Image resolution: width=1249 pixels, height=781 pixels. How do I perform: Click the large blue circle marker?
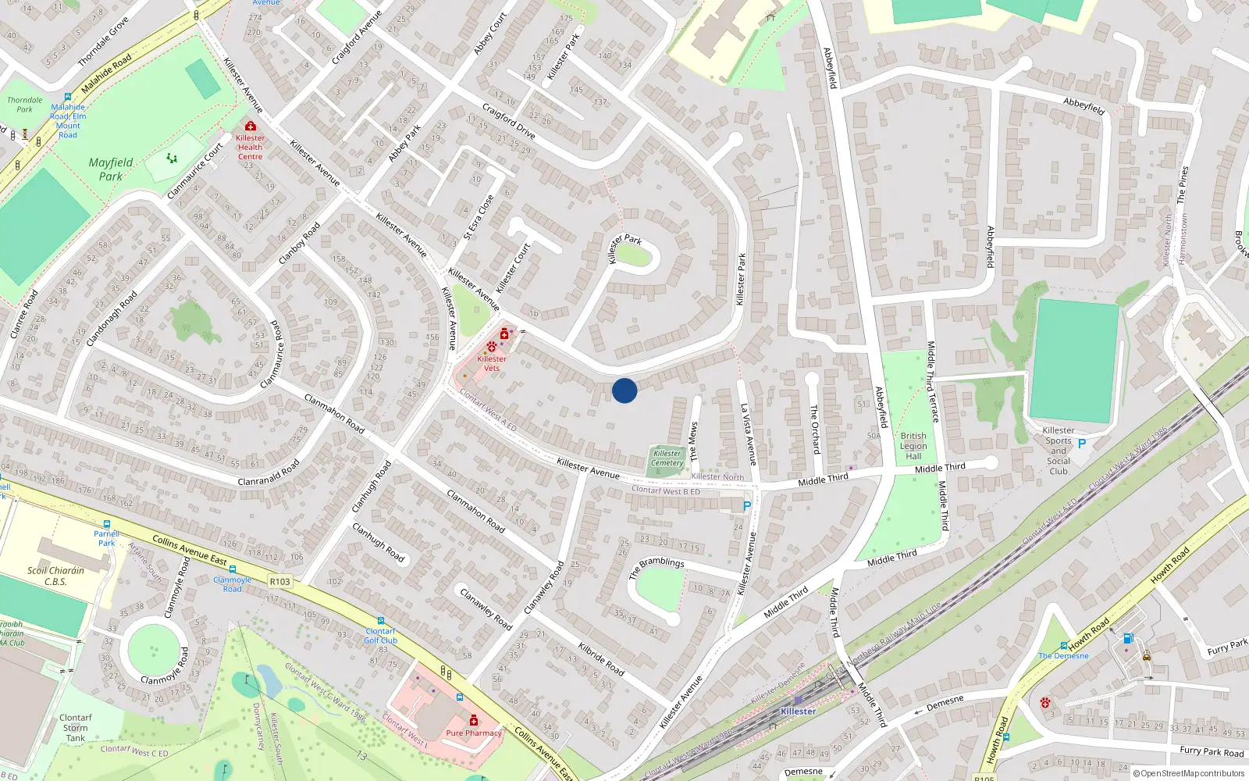624,390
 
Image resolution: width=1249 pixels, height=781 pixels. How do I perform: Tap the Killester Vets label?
491,363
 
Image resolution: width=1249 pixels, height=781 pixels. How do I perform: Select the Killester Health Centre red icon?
251,126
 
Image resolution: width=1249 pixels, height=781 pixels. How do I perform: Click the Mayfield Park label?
111,169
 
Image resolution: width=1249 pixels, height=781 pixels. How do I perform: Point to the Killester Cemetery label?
667,458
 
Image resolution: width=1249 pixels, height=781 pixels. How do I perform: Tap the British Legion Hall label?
913,446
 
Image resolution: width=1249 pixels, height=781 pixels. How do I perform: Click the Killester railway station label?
798,711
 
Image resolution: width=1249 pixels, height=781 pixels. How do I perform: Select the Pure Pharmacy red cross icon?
473,720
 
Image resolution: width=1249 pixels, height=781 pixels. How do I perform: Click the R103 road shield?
279,581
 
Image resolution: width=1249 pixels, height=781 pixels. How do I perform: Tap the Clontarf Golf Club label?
381,636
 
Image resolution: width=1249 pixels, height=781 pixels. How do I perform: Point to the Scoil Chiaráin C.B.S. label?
55,576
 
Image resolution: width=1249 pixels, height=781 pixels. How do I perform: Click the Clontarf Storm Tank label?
76,727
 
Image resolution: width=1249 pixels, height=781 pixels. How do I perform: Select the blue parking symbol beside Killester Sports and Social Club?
1082,444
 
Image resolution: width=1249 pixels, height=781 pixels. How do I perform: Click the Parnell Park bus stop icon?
107,524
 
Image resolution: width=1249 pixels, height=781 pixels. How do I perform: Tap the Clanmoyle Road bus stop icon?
233,569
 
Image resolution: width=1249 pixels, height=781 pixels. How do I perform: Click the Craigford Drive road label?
509,120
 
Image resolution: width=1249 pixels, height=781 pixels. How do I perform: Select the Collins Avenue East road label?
189,550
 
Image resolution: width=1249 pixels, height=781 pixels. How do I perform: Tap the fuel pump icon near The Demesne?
1128,638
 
